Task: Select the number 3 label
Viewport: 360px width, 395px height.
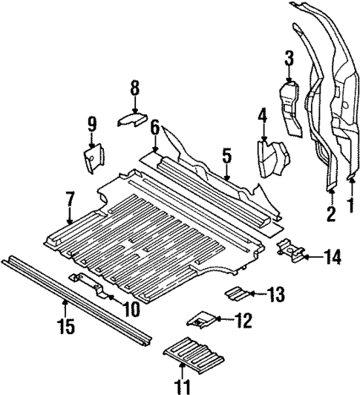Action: [289, 57]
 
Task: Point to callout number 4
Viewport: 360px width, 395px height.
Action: [262, 115]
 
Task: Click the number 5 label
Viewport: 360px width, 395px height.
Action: [226, 154]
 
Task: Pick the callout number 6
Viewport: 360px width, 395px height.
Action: [154, 128]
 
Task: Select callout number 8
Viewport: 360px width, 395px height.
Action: [134, 88]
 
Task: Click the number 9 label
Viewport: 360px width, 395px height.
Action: [92, 123]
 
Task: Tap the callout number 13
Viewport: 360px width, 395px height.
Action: [275, 295]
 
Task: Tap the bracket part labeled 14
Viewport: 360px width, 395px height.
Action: [290, 250]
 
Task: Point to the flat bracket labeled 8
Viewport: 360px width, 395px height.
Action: [132, 118]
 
